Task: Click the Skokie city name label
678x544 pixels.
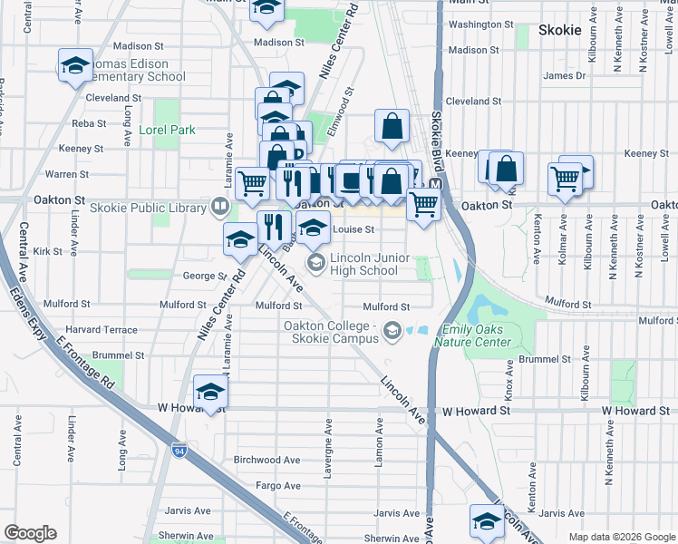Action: [559, 30]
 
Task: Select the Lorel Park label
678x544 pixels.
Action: [167, 130]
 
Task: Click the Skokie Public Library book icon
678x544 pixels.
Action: [218, 209]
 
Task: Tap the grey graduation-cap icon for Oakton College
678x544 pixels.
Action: [392, 332]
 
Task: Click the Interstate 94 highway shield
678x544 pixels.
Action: [179, 449]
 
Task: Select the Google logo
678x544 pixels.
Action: [30, 533]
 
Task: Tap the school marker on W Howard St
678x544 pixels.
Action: [210, 393]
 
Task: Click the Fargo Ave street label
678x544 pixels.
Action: [277, 486]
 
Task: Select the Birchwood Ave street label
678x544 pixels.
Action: [266, 460]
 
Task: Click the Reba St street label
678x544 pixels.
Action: [89, 122]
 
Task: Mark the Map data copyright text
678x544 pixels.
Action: [621, 537]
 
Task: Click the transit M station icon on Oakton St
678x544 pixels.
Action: [434, 184]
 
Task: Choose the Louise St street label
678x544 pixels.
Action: [354, 230]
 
